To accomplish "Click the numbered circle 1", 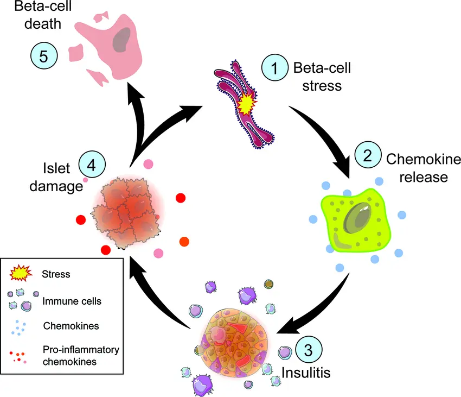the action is click(x=274, y=67).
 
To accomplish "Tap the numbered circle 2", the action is click(x=368, y=155).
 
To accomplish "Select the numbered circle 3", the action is click(x=309, y=350).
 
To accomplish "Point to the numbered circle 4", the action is click(x=92, y=165).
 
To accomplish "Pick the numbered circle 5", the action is click(x=44, y=56).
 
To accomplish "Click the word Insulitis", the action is click(x=306, y=373).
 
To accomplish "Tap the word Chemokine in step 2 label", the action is click(x=424, y=159).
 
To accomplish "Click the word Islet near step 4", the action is click(x=56, y=168).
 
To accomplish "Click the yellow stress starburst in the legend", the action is click(x=21, y=273).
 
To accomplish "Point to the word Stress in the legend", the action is click(x=56, y=274).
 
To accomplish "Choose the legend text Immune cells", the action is click(x=72, y=301).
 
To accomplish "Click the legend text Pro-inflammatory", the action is click(x=81, y=350).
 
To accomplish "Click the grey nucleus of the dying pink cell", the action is click(x=121, y=40).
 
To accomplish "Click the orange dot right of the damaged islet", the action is click(x=184, y=242).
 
